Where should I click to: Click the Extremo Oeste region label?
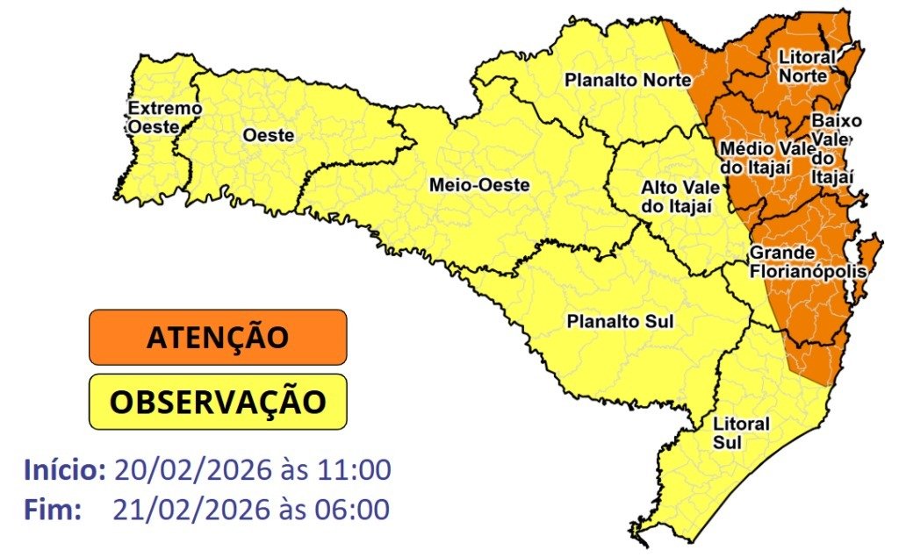click(165, 118)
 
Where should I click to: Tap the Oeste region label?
click(268, 136)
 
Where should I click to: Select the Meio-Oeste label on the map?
click(479, 185)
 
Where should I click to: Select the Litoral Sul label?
click(729, 433)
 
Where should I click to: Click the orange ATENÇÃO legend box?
click(218, 337)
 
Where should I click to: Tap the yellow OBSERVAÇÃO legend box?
click(218, 403)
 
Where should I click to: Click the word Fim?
click(53, 509)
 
